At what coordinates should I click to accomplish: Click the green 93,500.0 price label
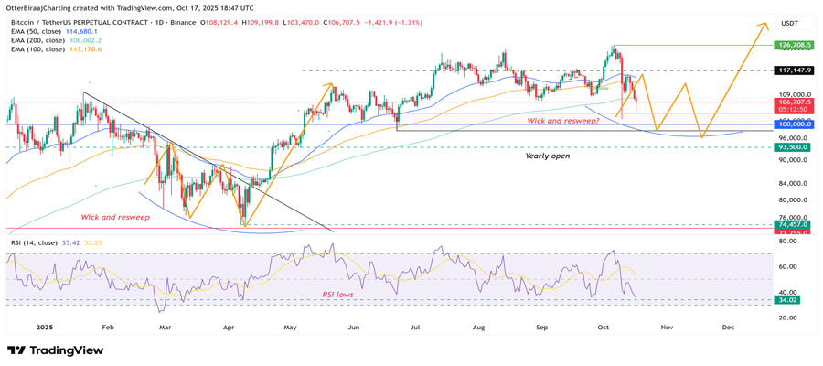tap(792, 146)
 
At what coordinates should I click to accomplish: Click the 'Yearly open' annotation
tap(549, 156)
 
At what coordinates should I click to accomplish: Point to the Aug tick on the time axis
tap(476, 326)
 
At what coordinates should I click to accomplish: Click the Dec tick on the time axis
tap(728, 326)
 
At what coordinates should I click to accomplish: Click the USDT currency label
tap(788, 23)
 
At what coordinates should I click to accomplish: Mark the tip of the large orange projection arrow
tap(765, 23)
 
